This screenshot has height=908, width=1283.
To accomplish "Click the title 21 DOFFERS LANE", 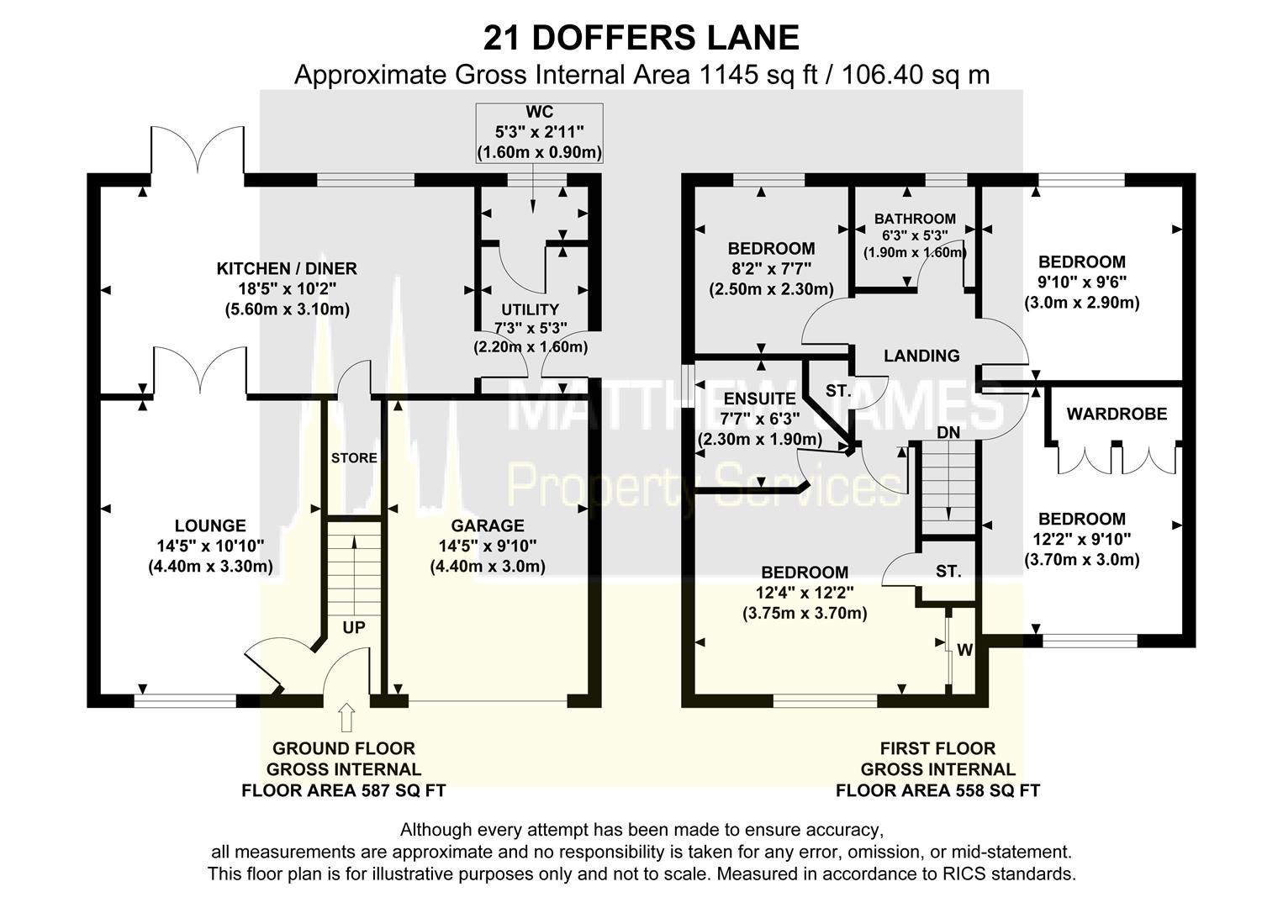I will click(x=641, y=38).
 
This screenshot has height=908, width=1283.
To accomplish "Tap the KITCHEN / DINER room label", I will click(x=287, y=269).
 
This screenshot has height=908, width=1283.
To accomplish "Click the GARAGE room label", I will click(x=488, y=525).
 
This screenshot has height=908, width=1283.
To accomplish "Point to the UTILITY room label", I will click(x=530, y=309).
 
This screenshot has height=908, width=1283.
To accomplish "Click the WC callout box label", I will click(x=539, y=113).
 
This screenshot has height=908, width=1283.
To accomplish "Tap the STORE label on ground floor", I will click(x=354, y=458).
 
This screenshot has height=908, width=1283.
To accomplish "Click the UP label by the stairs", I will click(x=353, y=628).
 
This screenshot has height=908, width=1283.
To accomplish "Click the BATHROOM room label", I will click(x=915, y=219).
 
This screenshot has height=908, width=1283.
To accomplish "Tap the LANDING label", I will click(x=921, y=356).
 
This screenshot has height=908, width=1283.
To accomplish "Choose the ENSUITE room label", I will click(x=759, y=399).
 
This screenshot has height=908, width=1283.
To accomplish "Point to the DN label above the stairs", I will click(x=948, y=432).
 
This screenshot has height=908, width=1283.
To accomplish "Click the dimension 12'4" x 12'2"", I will click(x=804, y=594).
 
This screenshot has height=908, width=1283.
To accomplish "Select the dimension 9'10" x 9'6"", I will click(x=1081, y=282).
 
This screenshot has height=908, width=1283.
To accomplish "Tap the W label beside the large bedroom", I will click(x=964, y=650).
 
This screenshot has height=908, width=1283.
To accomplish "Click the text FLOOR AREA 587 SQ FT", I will click(x=343, y=791).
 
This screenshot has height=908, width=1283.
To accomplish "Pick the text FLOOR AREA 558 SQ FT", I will click(x=937, y=791).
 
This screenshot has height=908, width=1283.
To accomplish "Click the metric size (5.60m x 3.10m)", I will click(x=287, y=309).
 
